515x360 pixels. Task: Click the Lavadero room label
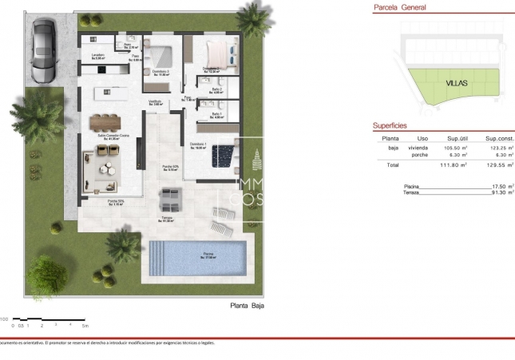pos(99,56)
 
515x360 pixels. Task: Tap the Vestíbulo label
pos(155,102)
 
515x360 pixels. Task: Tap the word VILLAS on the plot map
pos(458,83)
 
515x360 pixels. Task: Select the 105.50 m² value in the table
pos(456,148)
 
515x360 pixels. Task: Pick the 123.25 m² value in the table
pos(499,148)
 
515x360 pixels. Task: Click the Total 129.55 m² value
pos(499,165)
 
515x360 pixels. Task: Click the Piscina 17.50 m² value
pos(501,186)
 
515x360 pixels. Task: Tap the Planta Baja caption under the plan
pos(247,305)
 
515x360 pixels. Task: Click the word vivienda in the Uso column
pos(418,148)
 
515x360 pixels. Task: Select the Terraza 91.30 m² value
pos(501,192)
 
